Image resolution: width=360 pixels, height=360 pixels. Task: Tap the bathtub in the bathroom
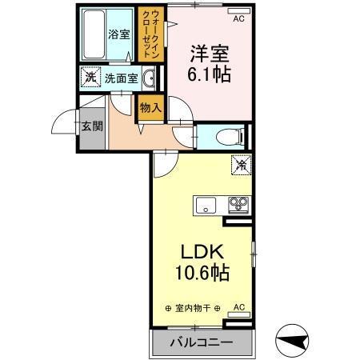pyautogui.click(x=95, y=34)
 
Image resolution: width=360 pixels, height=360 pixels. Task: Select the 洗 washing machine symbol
pyautogui.click(x=90, y=78)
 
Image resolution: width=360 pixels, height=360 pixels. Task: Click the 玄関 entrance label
pyautogui.click(x=90, y=126)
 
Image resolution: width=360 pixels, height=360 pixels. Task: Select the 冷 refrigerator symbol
pyautogui.click(x=239, y=166)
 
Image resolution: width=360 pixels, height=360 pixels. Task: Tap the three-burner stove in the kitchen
pyautogui.click(x=238, y=204)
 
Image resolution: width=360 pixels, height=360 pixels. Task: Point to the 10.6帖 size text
pyautogui.click(x=202, y=273)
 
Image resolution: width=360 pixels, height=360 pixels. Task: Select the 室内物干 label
pyautogui.click(x=192, y=308)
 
